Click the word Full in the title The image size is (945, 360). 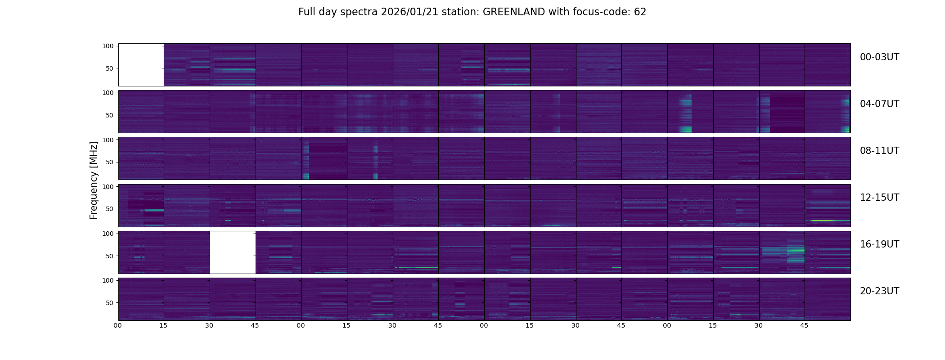click(x=306, y=12)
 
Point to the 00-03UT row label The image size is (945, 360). click(x=879, y=57)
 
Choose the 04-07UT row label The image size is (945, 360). click(x=879, y=104)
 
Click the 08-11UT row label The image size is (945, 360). click(x=879, y=151)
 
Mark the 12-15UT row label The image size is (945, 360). click(x=879, y=198)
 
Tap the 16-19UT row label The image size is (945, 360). click(x=879, y=244)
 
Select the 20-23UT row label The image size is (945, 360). click(x=879, y=291)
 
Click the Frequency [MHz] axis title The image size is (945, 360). click(x=94, y=180)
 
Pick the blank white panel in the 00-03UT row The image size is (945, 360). click(x=141, y=64)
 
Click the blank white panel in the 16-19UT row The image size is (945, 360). click(x=233, y=252)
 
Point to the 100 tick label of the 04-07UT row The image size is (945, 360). click(x=108, y=93)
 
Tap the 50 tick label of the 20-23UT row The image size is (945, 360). click(x=110, y=303)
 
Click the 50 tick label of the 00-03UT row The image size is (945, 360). click(x=110, y=68)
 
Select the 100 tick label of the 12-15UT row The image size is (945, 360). click(x=108, y=186)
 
